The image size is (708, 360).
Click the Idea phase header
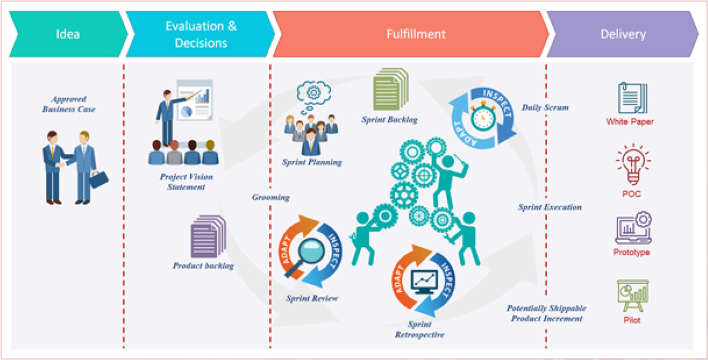coord(68,34)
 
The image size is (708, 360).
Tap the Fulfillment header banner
coord(416,34)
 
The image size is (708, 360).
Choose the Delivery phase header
coord(623,34)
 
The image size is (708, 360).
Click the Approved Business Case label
coord(68,104)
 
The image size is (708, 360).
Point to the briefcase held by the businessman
coord(99,179)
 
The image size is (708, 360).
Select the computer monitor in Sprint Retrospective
coord(424,281)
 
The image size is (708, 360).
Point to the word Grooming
coord(270,198)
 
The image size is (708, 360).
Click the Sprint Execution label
coord(550,207)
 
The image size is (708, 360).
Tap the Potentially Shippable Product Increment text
coord(547,314)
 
